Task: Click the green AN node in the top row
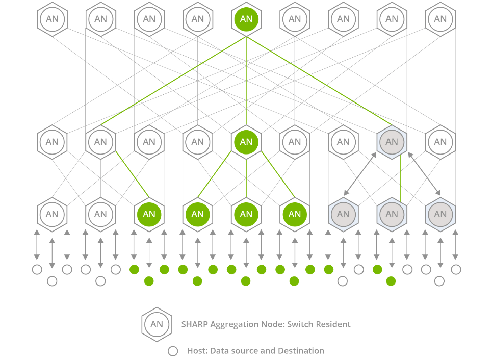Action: pos(246,19)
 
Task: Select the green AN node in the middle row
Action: pos(246,142)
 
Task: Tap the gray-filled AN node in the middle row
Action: pos(392,142)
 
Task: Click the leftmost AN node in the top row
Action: pos(52,19)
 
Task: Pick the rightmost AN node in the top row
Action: pos(440,19)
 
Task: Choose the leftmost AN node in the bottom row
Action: pos(52,214)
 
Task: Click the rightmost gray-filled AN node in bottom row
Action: pos(440,214)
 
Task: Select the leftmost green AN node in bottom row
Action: pos(149,214)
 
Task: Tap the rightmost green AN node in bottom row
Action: pos(295,214)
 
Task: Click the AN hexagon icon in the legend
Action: pos(157,324)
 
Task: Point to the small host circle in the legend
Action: pos(173,351)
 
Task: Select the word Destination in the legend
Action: pos(300,351)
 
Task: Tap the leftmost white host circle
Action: pos(37,270)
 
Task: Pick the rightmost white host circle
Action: pos(456,270)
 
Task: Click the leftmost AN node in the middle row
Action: pos(52,142)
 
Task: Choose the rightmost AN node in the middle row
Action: pos(440,142)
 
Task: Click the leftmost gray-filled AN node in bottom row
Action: pos(343,214)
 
